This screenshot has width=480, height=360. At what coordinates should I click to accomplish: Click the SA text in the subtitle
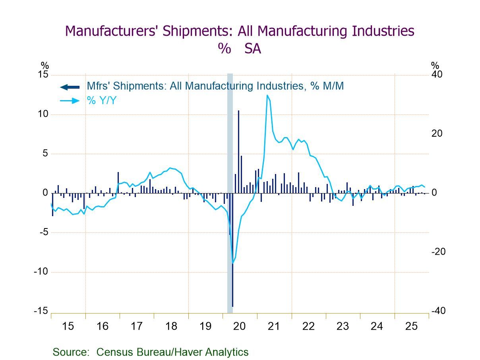point(253,48)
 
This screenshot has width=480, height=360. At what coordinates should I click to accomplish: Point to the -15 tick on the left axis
point(41,311)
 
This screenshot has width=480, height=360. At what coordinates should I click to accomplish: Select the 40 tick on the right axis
point(437,75)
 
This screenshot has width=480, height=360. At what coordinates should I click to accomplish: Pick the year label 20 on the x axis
point(240,327)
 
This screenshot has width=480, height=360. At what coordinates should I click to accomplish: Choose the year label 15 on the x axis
point(68,327)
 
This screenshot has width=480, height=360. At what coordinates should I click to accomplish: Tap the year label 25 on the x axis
point(411,327)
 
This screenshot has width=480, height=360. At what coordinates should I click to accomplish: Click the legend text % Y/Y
point(102,101)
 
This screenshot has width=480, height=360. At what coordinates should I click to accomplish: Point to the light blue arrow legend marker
point(70,101)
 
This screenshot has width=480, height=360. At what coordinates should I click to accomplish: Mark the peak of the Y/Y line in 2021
point(267,95)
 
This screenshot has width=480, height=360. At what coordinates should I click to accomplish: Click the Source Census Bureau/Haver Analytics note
point(151,352)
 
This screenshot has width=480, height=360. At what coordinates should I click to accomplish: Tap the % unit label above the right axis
point(435,66)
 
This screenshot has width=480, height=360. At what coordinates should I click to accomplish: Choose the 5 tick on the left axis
point(45,154)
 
